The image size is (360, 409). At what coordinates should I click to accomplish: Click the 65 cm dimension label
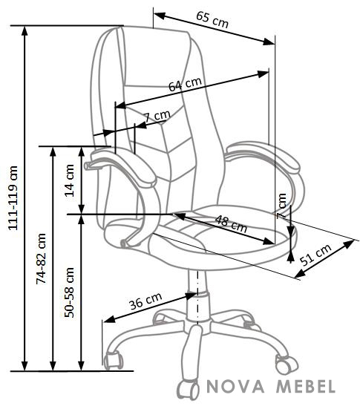pos(212,19)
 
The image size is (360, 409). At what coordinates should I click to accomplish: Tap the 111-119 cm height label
pos(13,198)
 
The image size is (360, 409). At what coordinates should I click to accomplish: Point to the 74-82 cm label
pos(41,258)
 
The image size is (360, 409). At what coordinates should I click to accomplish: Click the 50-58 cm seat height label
pos(69,292)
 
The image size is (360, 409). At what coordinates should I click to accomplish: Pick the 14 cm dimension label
pos(70,180)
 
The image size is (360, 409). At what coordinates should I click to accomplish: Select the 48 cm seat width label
pos(231,224)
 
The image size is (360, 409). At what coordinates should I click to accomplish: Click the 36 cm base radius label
pos(145,301)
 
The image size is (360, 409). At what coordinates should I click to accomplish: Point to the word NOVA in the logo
pos(235,387)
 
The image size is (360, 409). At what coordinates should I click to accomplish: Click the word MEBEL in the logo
pos(306,387)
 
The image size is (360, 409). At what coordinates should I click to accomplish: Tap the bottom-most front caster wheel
pos(188,390)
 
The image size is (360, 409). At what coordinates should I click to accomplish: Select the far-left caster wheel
pos(114,360)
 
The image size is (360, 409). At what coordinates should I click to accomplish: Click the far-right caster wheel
pos(287,364)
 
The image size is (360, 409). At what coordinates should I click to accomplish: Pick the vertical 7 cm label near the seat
pos(281,206)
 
